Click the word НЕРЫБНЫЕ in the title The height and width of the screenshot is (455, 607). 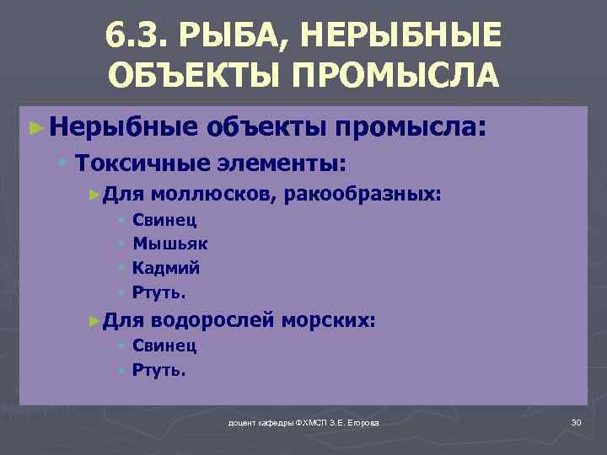click(x=400, y=36)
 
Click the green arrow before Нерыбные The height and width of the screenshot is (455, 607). click(x=35, y=128)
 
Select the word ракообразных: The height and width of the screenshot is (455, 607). click(x=363, y=195)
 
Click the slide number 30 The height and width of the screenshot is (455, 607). click(x=577, y=421)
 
